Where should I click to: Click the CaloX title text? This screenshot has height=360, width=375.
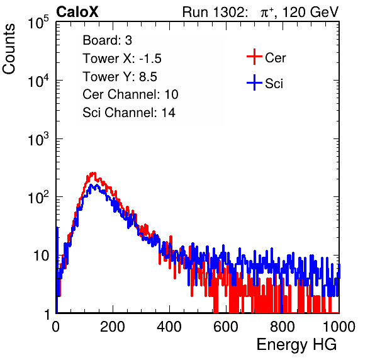tap(77, 12)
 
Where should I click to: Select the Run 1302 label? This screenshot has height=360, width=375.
tap(215, 12)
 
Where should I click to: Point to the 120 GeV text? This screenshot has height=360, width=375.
tap(311, 12)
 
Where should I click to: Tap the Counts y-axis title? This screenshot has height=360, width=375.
tap(9, 49)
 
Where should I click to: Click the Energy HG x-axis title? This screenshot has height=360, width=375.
tap(296, 344)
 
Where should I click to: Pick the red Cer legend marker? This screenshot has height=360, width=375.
tap(254, 57)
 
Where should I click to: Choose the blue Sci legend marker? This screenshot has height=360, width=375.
tap(254, 82)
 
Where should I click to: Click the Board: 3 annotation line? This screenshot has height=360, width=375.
tap(107, 40)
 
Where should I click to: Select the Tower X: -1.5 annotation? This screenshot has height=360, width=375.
tap(122, 59)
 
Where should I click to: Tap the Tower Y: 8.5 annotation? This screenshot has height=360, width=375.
tap(120, 77)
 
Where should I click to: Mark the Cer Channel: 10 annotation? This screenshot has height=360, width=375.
tap(130, 94)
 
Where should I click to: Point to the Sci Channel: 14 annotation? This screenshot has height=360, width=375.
tap(129, 112)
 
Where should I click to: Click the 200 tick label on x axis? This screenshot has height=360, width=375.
tap(113, 327)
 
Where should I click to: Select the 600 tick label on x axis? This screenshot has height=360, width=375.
tap(226, 327)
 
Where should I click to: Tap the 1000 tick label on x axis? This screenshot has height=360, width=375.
tap(339, 327)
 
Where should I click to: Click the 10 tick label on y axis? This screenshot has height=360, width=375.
tap(41, 256)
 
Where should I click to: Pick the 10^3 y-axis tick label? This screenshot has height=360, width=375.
tap(39, 138)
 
